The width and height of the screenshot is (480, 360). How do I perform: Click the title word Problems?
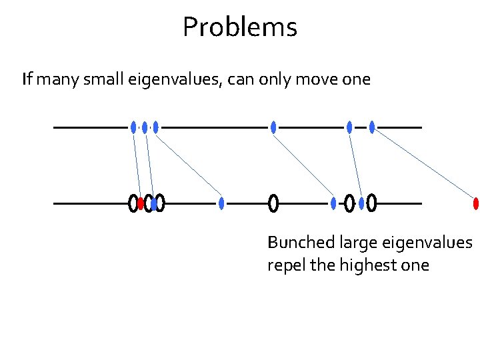(239, 27)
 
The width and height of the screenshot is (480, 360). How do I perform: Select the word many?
(55, 81)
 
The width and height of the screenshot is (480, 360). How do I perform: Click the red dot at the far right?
(475, 203)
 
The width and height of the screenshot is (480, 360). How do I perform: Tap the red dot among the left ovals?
(141, 203)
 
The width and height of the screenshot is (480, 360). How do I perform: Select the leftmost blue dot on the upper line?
(133, 127)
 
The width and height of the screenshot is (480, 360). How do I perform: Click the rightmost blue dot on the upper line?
(372, 127)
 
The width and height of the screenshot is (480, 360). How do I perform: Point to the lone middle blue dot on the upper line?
(273, 127)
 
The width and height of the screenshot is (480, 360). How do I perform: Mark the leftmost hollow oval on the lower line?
(133, 203)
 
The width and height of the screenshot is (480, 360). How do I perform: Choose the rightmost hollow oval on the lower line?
(371, 203)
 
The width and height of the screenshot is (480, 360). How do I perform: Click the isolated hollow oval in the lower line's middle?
(273, 203)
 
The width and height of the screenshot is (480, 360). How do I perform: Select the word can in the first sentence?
(238, 81)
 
